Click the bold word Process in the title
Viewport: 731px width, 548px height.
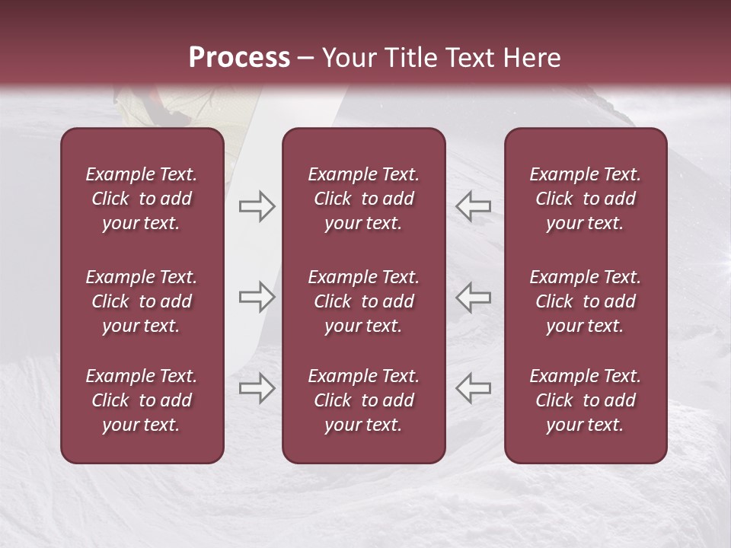239,57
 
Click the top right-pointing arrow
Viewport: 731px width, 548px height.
257,206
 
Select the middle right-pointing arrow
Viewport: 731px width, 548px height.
257,297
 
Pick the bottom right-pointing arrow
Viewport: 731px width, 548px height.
257,388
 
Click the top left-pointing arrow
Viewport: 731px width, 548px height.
473,206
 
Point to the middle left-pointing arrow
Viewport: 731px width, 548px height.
473,297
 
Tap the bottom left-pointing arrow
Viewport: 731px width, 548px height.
473,388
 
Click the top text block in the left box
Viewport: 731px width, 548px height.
142,199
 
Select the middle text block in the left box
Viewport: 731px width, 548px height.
142,301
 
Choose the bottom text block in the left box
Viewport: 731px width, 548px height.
142,400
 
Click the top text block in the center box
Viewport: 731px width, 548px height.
363,199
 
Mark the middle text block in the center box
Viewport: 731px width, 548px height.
363,301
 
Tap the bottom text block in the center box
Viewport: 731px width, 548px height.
363,400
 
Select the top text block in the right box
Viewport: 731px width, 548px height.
585,199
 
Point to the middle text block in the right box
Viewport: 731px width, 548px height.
585,301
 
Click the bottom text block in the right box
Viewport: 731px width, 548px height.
585,400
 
